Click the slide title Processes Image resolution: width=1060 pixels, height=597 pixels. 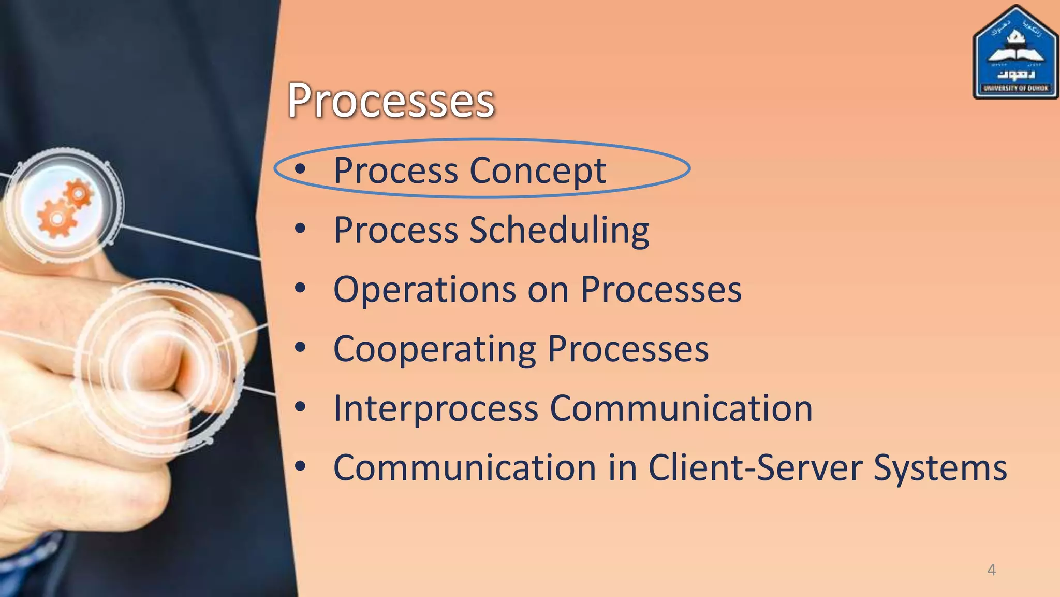click(x=391, y=101)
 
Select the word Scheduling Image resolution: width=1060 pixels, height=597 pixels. click(x=559, y=231)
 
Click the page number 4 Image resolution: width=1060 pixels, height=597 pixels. click(x=991, y=570)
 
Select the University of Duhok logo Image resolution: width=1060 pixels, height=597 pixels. click(x=1015, y=53)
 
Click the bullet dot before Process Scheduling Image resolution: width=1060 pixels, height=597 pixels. click(x=300, y=229)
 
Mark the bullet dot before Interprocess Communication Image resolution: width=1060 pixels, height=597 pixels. click(x=300, y=407)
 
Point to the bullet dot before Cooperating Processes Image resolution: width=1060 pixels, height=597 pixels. click(x=300, y=348)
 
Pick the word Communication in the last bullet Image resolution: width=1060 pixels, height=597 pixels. click(x=464, y=468)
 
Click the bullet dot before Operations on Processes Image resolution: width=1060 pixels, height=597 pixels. click(x=300, y=288)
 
